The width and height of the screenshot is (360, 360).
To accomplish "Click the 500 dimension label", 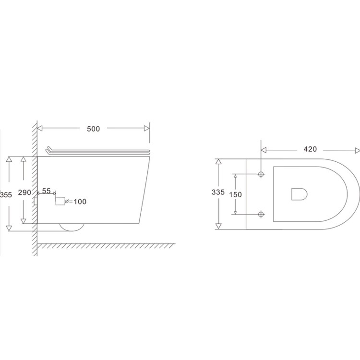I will [x=93, y=129].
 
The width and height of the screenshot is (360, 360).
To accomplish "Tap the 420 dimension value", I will [x=310, y=149].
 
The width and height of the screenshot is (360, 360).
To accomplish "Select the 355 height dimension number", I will [x=6, y=194].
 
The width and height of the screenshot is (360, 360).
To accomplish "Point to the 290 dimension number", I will [x=24, y=192].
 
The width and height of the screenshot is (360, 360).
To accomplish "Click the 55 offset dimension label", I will [x=47, y=191].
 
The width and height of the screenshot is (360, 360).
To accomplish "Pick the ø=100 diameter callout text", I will [x=76, y=202].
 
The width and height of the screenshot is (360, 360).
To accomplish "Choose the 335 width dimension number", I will [x=218, y=192].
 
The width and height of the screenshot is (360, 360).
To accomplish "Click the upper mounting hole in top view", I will [x=261, y=174].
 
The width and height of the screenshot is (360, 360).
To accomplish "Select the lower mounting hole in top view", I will [x=261, y=214].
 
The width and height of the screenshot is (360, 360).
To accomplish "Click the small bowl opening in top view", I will [x=299, y=193].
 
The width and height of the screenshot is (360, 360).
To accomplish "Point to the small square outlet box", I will [x=60, y=201].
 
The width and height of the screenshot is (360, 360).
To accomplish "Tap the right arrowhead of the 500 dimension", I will [x=146, y=129].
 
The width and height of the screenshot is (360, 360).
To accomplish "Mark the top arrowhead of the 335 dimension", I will [x=218, y=162].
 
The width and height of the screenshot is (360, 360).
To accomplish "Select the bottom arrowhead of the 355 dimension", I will [x=9, y=228].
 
